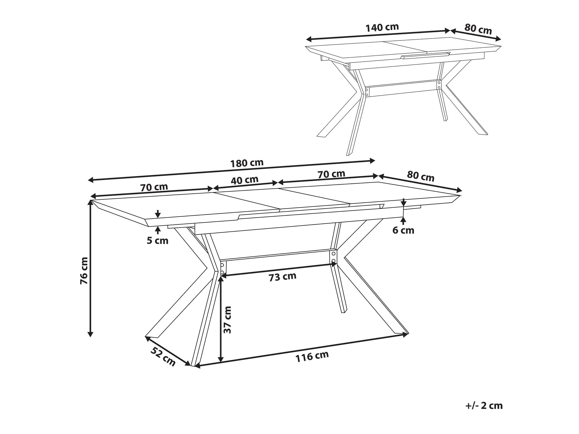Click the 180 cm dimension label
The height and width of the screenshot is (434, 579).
point(247,163)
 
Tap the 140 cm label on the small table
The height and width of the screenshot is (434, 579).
point(382,28)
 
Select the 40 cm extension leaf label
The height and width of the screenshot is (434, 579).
point(245,180)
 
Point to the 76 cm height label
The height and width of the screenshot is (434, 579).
point(84,271)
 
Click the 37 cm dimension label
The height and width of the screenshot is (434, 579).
point(228,320)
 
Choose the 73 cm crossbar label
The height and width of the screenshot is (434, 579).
point(283,277)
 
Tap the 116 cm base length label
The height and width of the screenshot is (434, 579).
point(312,356)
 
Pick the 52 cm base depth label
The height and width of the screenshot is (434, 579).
point(163,356)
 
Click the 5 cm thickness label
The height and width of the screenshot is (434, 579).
point(157,241)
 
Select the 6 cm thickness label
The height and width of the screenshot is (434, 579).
point(403,230)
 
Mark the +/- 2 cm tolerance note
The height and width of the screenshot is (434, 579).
point(484,406)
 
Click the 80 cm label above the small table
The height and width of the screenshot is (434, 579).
point(478,29)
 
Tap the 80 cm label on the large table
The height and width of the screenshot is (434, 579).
point(421,176)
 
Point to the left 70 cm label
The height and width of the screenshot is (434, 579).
point(154,187)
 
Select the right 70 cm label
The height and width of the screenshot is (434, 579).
point(331,174)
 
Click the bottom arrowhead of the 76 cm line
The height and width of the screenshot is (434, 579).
point(91,334)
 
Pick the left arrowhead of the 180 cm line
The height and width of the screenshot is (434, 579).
point(91,180)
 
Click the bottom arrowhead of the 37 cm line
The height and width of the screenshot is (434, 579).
point(221,359)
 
